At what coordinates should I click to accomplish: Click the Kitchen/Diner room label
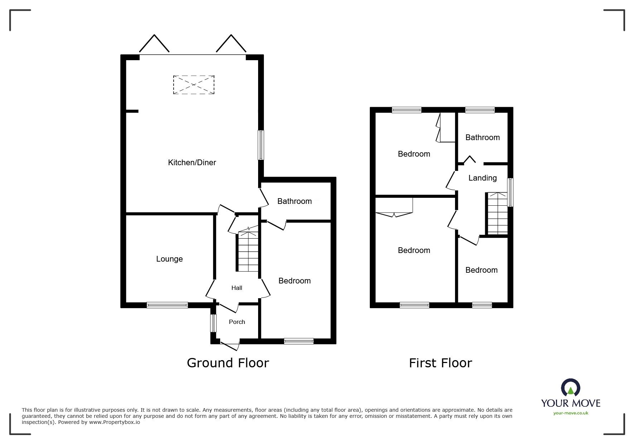click(x=192, y=163)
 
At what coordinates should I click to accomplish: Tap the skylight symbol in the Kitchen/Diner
click(x=194, y=85)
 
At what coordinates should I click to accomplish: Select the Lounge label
click(x=169, y=259)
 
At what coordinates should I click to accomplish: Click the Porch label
click(x=237, y=322)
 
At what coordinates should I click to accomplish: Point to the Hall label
click(x=237, y=288)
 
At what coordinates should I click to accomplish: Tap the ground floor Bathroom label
click(x=294, y=201)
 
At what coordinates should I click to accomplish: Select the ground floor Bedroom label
click(x=294, y=281)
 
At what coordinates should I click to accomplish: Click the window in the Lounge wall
click(x=167, y=305)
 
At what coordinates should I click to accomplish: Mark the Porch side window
click(x=213, y=323)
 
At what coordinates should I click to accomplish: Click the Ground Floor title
click(x=228, y=363)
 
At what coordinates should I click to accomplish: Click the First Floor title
click(x=440, y=363)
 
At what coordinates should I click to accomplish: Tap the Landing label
click(x=482, y=178)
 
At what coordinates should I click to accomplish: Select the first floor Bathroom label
click(x=482, y=138)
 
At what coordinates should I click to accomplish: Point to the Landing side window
click(x=511, y=192)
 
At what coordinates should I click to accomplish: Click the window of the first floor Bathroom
click(x=480, y=110)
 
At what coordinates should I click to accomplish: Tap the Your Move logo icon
click(x=570, y=388)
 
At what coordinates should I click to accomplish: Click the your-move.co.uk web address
click(x=571, y=413)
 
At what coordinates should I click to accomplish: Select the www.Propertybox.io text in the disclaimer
click(x=114, y=422)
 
